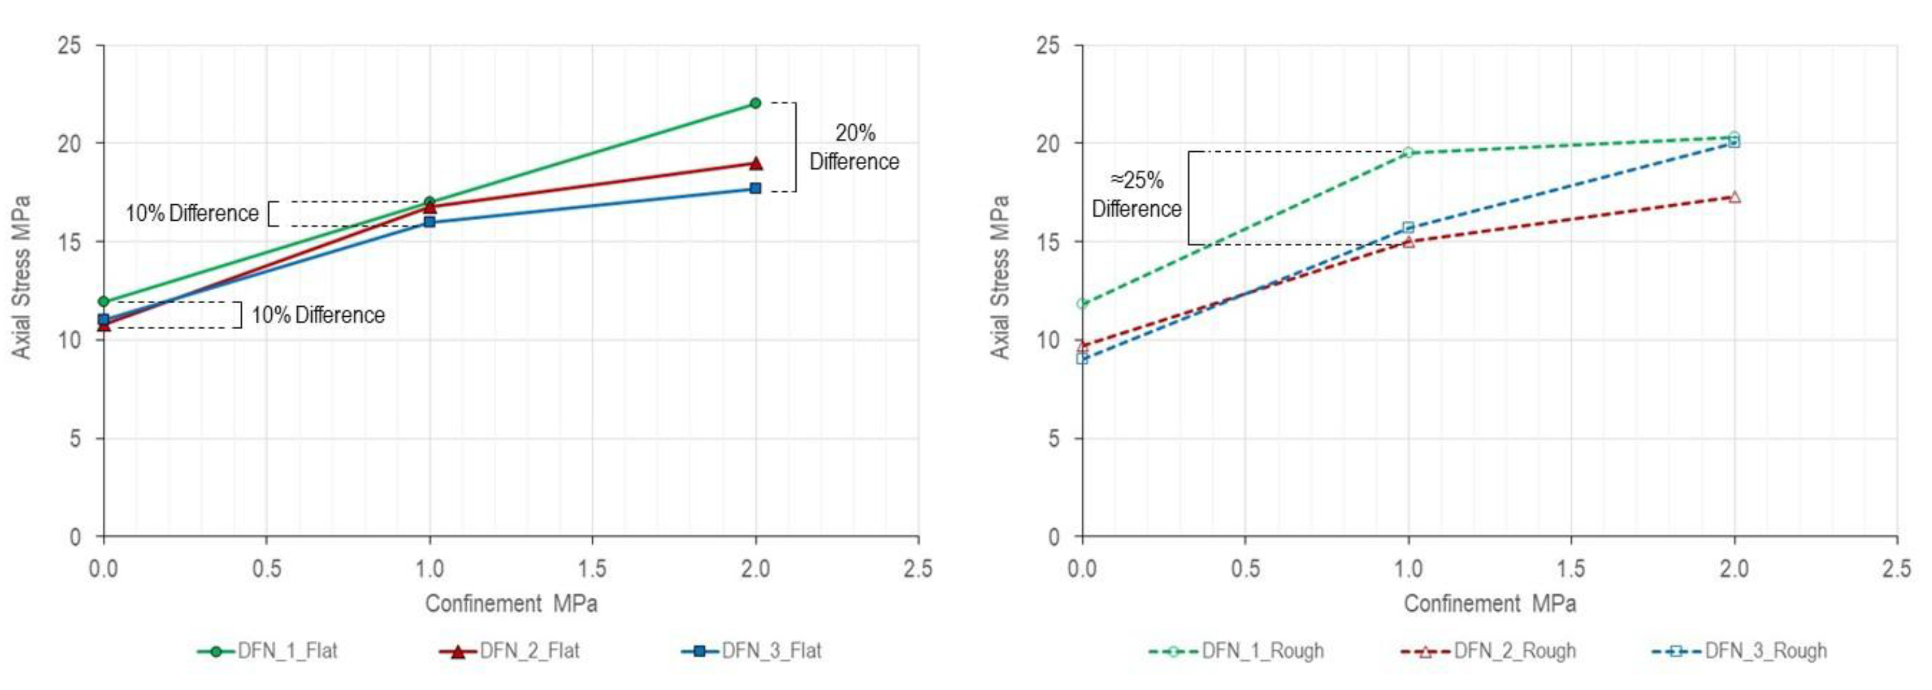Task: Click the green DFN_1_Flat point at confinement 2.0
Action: pyautogui.click(x=755, y=103)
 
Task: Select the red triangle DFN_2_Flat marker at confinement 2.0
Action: pyautogui.click(x=755, y=163)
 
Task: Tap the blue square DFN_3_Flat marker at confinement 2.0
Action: pyautogui.click(x=755, y=188)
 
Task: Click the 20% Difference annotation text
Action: pyautogui.click(x=854, y=147)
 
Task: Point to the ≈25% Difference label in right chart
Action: pyautogui.click(x=1136, y=194)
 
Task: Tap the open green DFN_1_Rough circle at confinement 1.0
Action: pyautogui.click(x=1407, y=153)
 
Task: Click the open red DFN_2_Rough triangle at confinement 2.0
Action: pyautogui.click(x=1734, y=197)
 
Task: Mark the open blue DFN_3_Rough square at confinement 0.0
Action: pyautogui.click(x=1082, y=359)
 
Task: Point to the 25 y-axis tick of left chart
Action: pyautogui.click(x=69, y=46)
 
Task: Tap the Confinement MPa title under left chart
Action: pyautogui.click(x=511, y=604)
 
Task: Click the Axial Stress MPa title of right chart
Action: pyautogui.click(x=1000, y=277)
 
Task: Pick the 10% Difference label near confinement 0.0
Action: pyautogui.click(x=318, y=315)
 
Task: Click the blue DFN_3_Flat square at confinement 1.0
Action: pyautogui.click(x=429, y=222)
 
